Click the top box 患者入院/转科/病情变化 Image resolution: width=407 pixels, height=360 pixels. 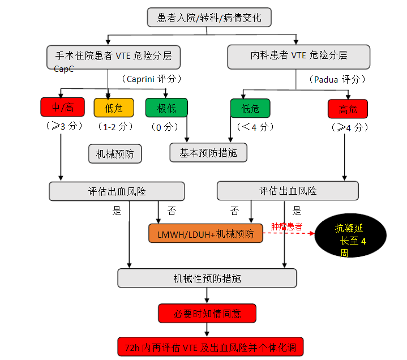tap(209, 18)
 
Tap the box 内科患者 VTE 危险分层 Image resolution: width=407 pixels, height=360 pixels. tap(298, 56)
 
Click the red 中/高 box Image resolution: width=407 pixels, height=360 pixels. tap(62, 108)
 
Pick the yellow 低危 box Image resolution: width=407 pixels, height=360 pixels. tap(113, 108)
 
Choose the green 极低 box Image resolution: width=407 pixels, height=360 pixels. tap(166, 108)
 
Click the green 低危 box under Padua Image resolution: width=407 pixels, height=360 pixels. tap(250, 108)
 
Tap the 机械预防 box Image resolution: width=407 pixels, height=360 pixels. tap(114, 153)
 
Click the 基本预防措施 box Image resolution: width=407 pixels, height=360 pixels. tap(208, 152)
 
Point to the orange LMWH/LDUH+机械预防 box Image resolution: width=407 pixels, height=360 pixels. tap(205, 233)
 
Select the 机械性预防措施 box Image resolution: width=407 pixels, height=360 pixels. tap(207, 278)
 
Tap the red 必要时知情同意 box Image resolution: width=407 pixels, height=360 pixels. tap(207, 313)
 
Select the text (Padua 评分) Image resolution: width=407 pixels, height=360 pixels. tap(337, 79)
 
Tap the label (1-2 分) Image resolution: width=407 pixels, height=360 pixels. tap(115, 126)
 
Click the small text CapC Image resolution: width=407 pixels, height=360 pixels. tap(63, 69)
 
